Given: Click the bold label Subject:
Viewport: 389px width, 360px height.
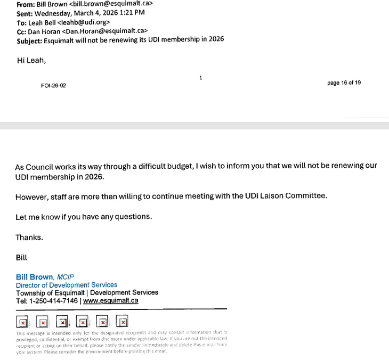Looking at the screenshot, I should [31, 39].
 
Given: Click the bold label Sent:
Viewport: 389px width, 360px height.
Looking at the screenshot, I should [27, 13].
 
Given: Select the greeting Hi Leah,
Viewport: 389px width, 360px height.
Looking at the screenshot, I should [31, 60].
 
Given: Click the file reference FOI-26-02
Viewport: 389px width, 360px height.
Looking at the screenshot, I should [53, 85].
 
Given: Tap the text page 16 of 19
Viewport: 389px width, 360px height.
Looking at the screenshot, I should [344, 83].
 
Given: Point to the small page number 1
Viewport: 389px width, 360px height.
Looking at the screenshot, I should [200, 78].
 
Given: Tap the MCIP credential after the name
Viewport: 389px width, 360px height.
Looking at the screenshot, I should [66, 277].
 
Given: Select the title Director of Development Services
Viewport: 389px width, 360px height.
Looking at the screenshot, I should [67, 285].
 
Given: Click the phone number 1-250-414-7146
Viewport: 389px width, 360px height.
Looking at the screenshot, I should [54, 300].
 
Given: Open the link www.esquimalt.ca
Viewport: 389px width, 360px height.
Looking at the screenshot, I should [111, 300].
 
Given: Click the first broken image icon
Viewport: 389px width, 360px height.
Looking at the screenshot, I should [22, 322].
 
